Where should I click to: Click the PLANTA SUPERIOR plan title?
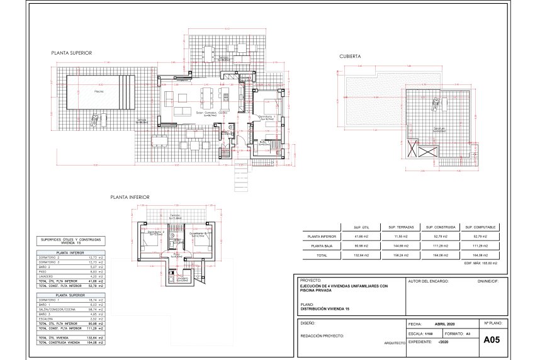pos(72,53)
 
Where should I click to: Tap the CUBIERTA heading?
pos(350,56)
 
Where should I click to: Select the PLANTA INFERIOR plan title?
pos(130,197)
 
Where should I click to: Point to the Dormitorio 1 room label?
pos(267,116)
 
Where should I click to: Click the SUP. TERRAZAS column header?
pos(400,227)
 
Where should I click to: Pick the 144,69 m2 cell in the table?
pos(400,246)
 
